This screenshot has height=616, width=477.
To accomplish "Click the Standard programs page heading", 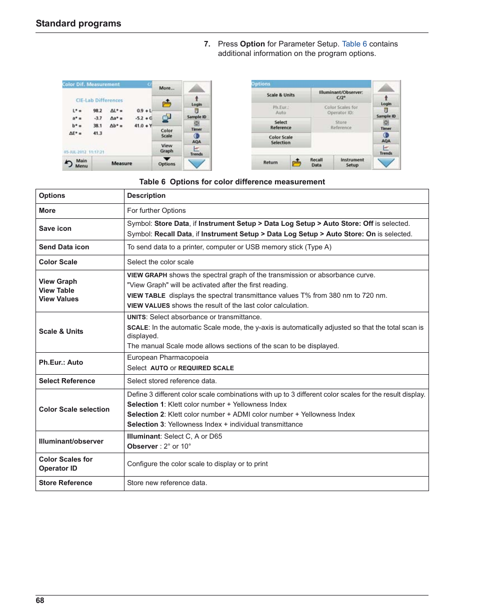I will [x=78, y=23].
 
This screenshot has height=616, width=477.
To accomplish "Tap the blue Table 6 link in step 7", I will [x=354, y=44].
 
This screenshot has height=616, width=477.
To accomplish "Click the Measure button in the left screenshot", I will [x=121, y=163].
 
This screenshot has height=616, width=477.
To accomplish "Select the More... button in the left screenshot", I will [x=166, y=88].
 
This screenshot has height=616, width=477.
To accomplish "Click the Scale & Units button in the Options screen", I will [x=280, y=95].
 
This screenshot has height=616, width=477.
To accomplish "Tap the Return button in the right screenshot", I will [x=270, y=162].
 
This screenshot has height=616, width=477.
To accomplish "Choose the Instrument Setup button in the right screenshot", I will [x=352, y=162].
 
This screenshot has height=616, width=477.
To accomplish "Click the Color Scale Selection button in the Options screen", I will [x=280, y=140].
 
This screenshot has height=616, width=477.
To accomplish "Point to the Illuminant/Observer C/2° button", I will [x=341, y=95].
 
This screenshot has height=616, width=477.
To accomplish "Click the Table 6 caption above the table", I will [x=232, y=182].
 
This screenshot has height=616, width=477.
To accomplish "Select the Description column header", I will [x=146, y=196].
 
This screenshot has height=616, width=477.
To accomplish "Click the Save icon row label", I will [x=55, y=229].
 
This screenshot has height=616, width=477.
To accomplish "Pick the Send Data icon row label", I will [x=64, y=247].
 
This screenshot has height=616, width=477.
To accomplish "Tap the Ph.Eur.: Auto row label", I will [x=61, y=363].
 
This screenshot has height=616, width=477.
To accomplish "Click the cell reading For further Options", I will [x=156, y=211].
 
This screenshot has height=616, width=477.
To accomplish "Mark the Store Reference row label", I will [x=65, y=483].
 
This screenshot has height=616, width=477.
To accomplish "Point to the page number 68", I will [x=40, y=601].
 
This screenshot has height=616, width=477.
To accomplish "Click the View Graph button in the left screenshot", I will [x=166, y=148].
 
